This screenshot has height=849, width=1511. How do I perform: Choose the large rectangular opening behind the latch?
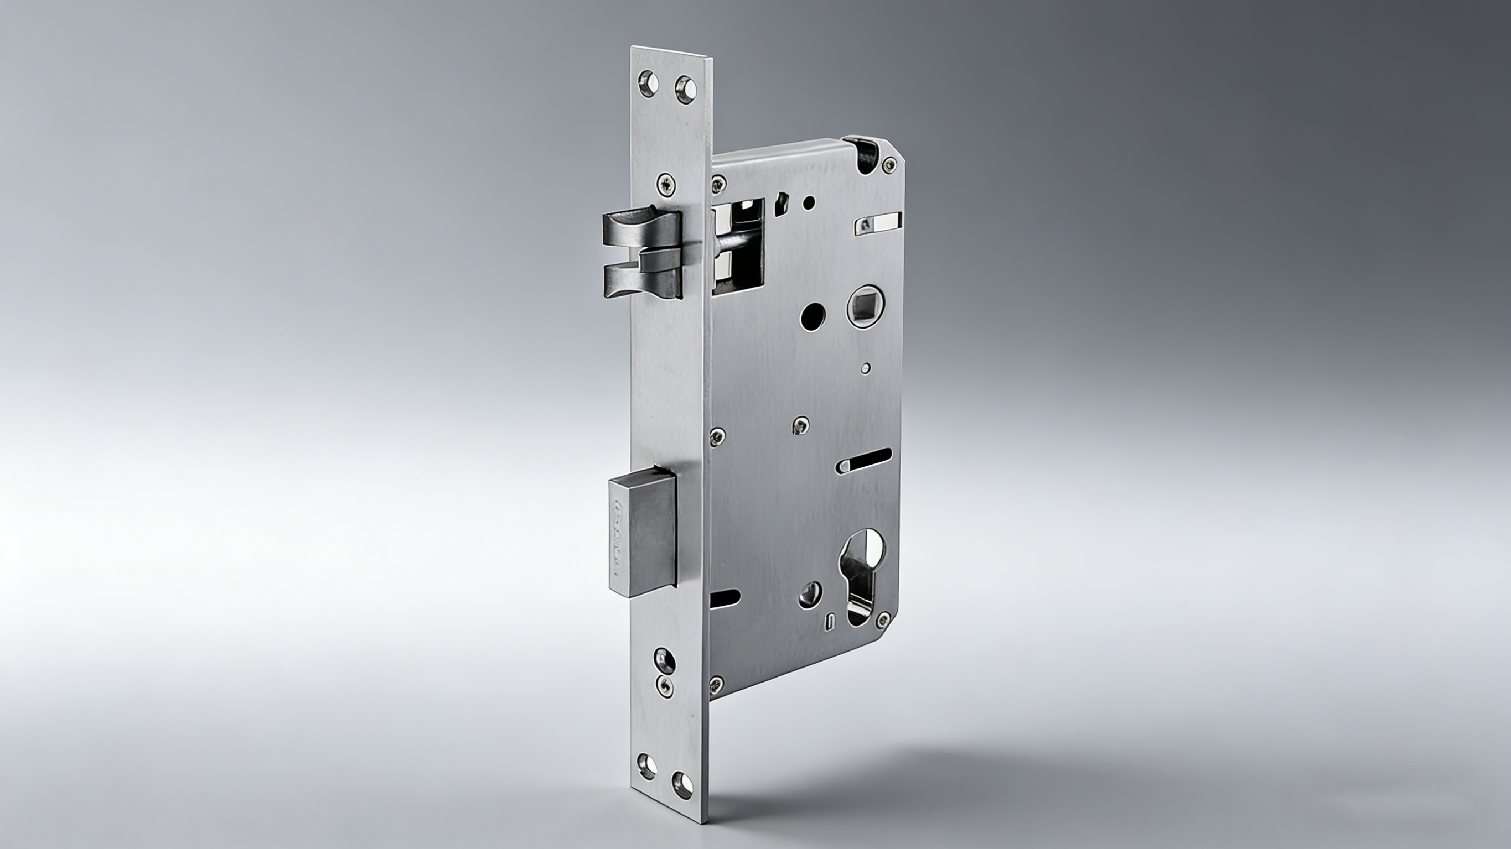[739, 245]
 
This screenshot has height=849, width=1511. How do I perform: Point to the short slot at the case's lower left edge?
[725, 597]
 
